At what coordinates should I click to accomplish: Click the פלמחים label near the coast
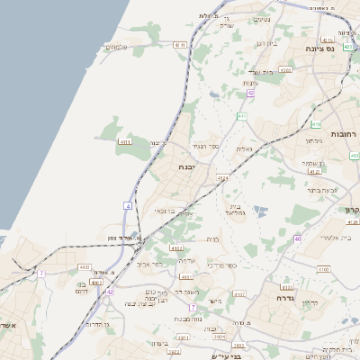118,47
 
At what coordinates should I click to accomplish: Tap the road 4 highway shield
129,206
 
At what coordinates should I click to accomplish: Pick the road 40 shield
297,238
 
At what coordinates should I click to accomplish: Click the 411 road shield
242,116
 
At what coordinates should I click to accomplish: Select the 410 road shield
316,124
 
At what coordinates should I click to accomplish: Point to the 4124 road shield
222,178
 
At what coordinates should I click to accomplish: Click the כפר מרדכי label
220,265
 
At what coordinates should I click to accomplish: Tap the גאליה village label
244,148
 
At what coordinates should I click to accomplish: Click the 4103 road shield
85,267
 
